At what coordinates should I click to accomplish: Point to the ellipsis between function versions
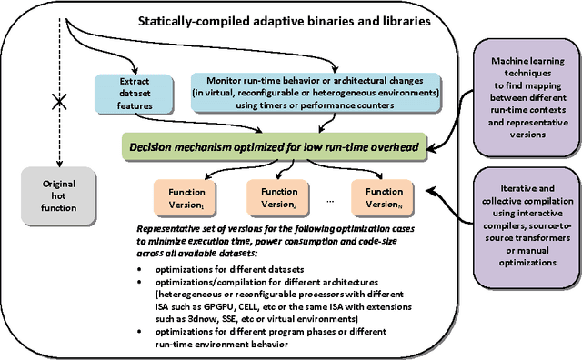[x=329, y=199]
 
